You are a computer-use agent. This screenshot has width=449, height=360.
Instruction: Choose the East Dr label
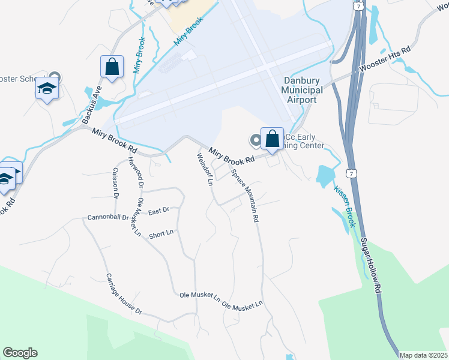[158, 211]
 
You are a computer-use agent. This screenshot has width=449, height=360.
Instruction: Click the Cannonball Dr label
[108, 217]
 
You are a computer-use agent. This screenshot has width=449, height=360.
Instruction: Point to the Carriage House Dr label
[124, 294]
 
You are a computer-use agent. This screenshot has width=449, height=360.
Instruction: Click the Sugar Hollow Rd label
[372, 265]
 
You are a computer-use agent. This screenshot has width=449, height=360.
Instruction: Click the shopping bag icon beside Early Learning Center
[272, 139]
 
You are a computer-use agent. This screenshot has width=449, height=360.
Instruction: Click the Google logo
[20, 353]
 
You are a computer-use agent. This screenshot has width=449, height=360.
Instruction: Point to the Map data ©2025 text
[423, 355]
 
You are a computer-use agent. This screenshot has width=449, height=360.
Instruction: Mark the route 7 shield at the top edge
[358, 5]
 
